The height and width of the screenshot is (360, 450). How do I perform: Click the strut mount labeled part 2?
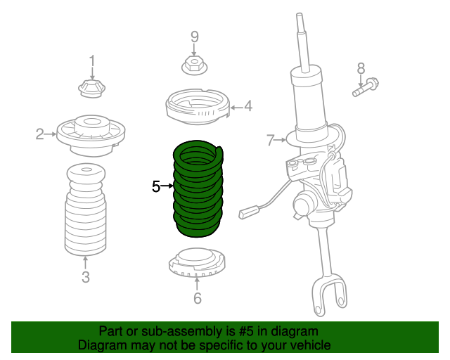[91, 134]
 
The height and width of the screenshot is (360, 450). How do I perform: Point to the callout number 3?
[85, 277]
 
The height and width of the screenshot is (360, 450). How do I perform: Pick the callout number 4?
[247, 107]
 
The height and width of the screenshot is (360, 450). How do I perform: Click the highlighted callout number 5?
[156, 186]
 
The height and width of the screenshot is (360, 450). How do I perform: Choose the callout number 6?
[197, 299]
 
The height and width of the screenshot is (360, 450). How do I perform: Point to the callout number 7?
[271, 141]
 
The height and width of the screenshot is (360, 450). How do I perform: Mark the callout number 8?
[361, 68]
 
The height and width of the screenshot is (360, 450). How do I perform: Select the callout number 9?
[195, 37]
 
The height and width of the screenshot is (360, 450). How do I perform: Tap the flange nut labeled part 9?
[195, 66]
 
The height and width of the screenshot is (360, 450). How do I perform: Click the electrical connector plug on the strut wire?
[250, 212]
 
